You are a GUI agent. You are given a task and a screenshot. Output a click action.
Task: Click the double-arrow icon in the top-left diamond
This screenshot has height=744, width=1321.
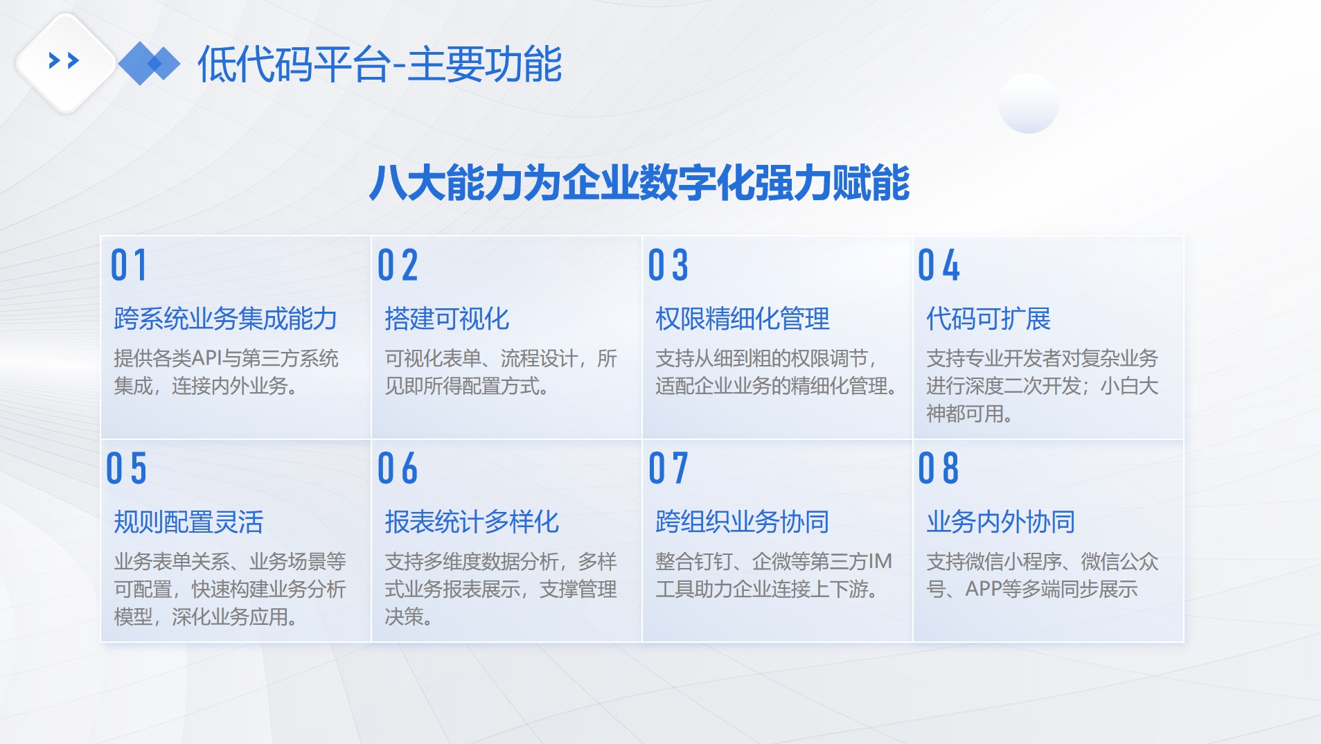[64, 62]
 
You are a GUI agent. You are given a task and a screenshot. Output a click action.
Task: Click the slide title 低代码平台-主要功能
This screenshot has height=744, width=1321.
[380, 64]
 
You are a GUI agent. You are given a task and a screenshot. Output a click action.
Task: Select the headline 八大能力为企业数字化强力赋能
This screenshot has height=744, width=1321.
[639, 183]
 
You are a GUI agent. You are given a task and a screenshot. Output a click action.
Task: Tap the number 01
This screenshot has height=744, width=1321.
[129, 265]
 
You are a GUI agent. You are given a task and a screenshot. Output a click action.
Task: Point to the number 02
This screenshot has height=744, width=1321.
[398, 265]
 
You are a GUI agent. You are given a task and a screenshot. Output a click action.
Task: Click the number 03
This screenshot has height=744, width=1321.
[668, 265]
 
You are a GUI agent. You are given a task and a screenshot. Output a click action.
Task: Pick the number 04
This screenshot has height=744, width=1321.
[939, 265]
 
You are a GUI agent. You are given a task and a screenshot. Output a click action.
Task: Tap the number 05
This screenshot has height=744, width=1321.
[127, 468]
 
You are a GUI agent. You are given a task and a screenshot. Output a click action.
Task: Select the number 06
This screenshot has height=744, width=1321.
[398, 468]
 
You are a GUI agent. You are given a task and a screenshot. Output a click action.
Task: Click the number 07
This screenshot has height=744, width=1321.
[668, 468]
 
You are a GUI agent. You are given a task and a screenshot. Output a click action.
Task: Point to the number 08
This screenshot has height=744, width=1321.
[939, 468]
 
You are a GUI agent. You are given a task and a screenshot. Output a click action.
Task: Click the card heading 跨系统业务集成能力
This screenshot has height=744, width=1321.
[226, 319]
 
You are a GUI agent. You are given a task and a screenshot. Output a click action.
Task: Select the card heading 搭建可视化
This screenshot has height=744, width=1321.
[447, 319]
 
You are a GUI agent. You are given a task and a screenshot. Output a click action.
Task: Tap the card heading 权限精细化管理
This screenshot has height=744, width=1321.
[743, 319]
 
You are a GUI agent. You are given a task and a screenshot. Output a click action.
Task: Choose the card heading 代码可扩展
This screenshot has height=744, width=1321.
[988, 319]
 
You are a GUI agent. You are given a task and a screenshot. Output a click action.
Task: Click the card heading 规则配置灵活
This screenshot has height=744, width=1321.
[188, 522]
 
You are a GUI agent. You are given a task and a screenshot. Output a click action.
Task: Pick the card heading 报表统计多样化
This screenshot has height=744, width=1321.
[472, 522]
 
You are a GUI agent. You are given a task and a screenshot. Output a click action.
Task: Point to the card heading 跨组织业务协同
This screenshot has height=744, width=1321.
[743, 522]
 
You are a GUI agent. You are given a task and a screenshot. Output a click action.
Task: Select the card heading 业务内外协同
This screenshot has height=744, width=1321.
[1001, 522]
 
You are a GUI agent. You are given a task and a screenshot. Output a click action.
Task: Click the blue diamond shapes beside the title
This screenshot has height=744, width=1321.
[149, 64]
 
